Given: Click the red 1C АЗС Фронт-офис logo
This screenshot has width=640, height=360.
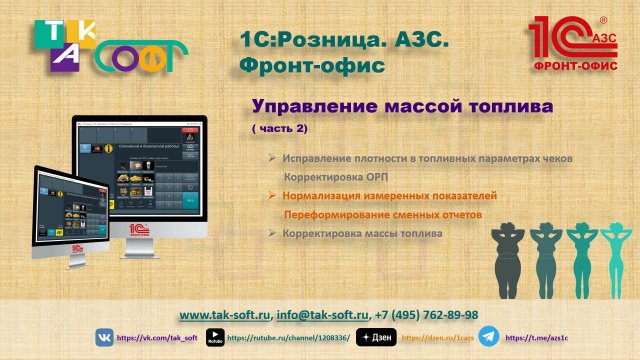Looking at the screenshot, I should pyautogui.click(x=578, y=42).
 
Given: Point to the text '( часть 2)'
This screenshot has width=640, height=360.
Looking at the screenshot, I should pyautogui.click(x=279, y=129).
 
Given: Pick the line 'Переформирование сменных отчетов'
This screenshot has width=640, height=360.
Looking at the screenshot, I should pyautogui.click(x=384, y=215).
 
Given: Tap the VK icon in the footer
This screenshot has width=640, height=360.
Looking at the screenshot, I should pyautogui.click(x=105, y=338).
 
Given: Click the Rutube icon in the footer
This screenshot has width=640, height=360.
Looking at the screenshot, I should pyautogui.click(x=214, y=338).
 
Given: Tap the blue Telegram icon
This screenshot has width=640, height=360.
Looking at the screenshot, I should pyautogui.click(x=488, y=337).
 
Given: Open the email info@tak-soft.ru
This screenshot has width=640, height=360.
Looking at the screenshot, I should pyautogui.click(x=322, y=313).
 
